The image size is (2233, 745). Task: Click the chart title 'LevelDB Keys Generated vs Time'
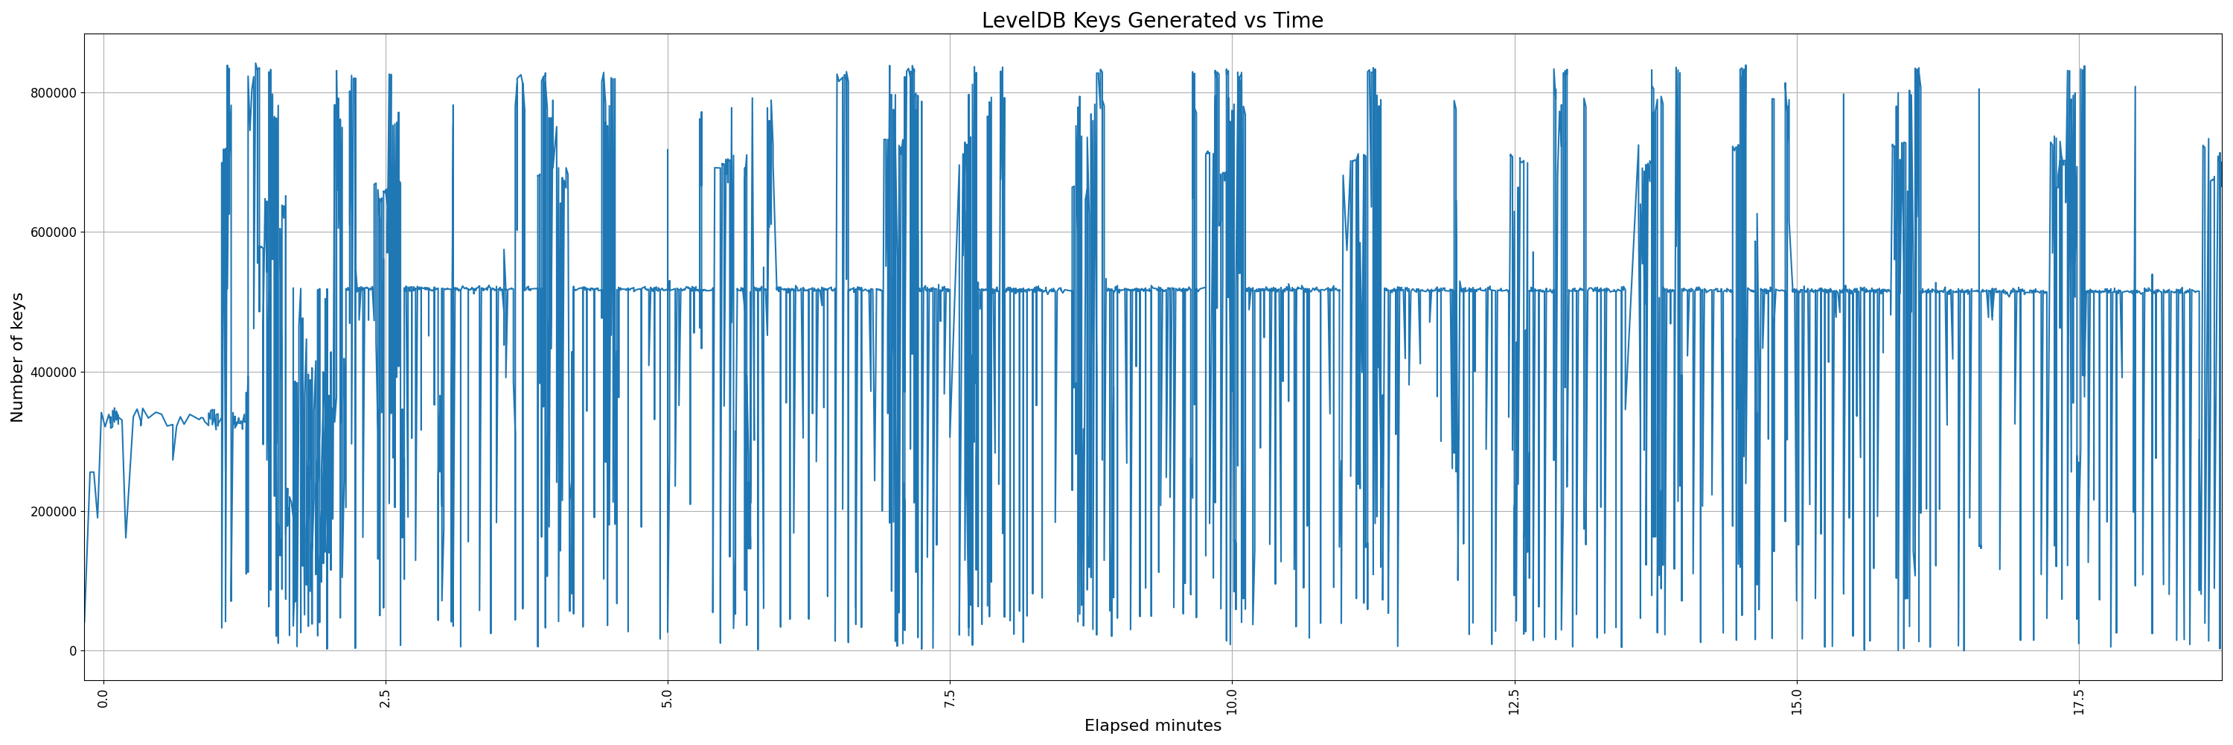click(1152, 20)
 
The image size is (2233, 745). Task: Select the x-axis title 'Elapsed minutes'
click(1152, 726)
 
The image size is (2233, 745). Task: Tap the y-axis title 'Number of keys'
click(17, 358)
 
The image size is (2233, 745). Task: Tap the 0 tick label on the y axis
click(73, 651)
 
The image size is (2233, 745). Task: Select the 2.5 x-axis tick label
click(385, 698)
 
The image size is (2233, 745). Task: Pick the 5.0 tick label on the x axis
click(668, 698)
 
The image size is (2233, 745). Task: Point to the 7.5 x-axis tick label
click(950, 698)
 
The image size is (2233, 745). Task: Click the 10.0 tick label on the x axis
click(1232, 700)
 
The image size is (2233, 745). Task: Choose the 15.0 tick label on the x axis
click(1796, 700)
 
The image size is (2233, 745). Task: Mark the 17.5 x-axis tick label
click(2079, 700)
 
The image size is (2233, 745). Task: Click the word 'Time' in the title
click(1297, 20)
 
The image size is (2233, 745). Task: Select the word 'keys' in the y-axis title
click(17, 311)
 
